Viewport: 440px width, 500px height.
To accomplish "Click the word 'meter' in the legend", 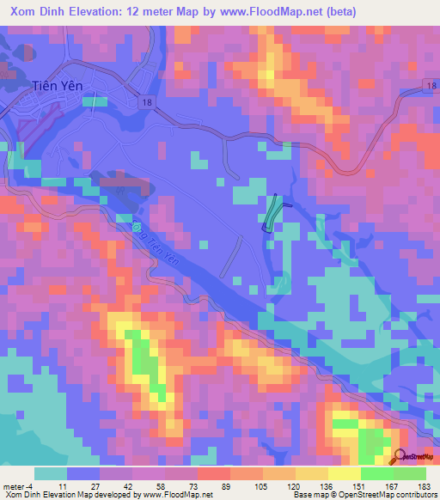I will click(11, 486).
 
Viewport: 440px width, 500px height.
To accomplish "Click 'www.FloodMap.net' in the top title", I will click(272, 12).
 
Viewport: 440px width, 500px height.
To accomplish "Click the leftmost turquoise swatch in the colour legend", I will click(51, 473).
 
